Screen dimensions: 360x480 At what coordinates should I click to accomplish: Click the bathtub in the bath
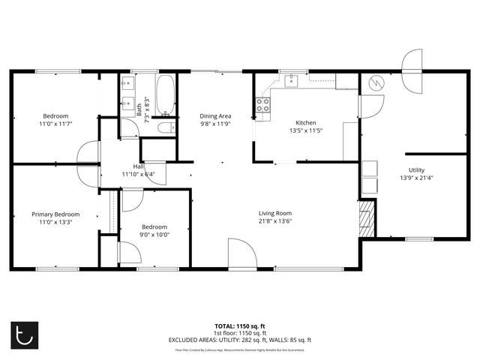pos(166,95)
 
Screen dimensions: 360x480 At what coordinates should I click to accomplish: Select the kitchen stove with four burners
pos(263,105)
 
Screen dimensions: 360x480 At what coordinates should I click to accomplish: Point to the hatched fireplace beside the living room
pos(365,217)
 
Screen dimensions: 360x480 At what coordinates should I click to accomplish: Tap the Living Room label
pos(275,213)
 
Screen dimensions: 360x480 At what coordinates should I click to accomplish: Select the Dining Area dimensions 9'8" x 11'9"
pos(214,124)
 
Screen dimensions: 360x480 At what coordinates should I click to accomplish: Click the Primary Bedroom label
pos(55,214)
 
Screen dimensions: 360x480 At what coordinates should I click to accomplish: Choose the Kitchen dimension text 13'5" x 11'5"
pos(305,130)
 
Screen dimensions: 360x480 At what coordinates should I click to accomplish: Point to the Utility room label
pos(416,170)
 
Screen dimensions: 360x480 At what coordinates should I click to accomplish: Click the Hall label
pos(138,166)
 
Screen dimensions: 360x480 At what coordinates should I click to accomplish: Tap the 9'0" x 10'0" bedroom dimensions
pos(154,234)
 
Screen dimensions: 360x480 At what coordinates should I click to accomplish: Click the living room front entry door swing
pos(242,252)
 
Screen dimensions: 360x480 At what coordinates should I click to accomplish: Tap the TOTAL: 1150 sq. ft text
pos(239,326)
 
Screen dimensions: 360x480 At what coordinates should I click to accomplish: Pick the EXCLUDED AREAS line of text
pos(239,340)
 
